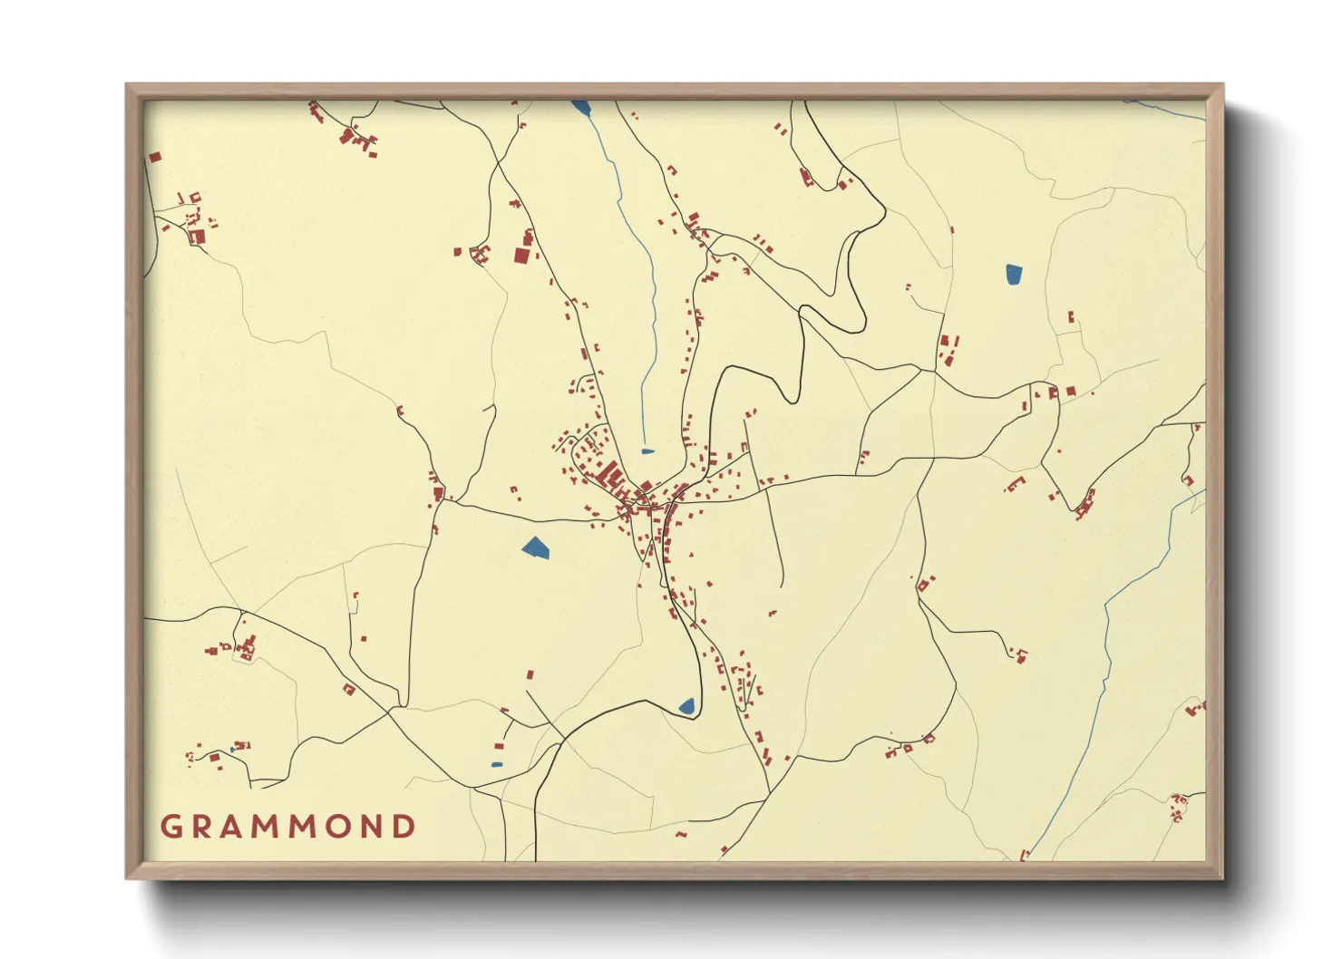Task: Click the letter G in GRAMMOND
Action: (170, 827)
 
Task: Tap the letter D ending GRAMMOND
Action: (404, 827)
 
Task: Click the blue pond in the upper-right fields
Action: (1013, 274)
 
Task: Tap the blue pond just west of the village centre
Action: (536, 547)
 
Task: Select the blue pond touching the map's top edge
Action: (580, 108)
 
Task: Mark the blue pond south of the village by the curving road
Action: (686, 705)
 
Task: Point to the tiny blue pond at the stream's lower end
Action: (647, 450)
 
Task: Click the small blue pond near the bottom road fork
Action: (496, 764)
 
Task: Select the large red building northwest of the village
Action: (521, 255)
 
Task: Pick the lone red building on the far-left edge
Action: (154, 157)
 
